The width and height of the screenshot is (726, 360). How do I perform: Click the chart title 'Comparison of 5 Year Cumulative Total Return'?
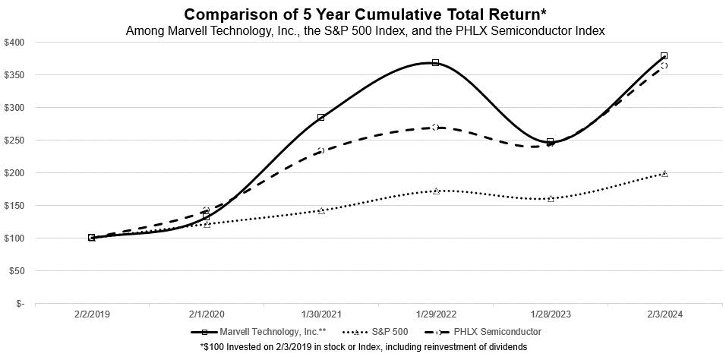tap(362, 14)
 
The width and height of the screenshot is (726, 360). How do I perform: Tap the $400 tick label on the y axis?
tap(15, 42)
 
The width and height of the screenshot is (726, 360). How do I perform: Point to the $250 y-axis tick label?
tap(15, 140)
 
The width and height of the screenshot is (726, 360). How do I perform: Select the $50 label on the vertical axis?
tap(17, 270)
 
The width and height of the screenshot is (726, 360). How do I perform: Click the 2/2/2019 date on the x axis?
tap(92, 313)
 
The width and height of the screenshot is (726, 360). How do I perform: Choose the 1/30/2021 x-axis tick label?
tap(321, 313)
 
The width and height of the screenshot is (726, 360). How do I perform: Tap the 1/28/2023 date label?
tap(550, 313)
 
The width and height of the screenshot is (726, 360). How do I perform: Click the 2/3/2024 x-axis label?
tap(664, 313)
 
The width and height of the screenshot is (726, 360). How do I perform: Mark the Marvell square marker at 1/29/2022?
tap(435, 62)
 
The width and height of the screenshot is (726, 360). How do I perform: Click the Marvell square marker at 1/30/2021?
tap(321, 117)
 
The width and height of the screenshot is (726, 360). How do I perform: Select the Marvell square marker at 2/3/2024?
tap(664, 56)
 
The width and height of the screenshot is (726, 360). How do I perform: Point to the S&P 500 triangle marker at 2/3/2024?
tap(664, 174)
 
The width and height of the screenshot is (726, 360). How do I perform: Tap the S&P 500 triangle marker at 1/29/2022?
tap(436, 191)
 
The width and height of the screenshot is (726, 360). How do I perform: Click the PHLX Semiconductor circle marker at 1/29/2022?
tap(435, 127)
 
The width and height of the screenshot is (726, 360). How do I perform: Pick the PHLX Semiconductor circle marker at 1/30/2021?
tap(321, 150)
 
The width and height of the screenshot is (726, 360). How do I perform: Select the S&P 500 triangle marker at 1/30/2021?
tap(321, 210)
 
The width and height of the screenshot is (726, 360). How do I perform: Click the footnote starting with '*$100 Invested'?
tap(363, 346)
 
